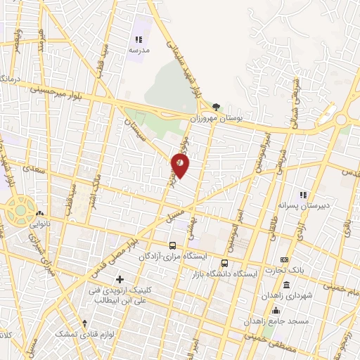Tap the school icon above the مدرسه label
139,40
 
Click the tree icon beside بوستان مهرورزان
217,107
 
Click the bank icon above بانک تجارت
285,260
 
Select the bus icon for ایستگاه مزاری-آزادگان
173,245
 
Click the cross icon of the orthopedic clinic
120,279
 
